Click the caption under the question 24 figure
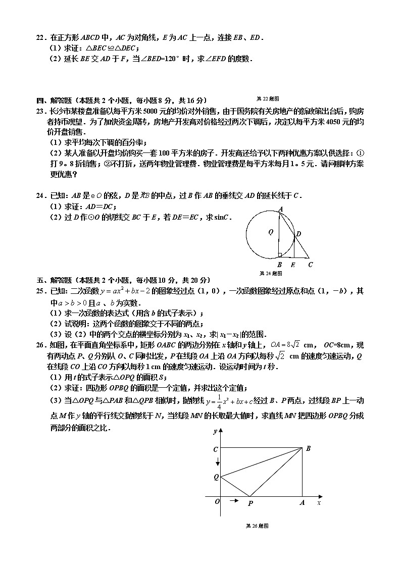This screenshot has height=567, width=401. click(x=270, y=273)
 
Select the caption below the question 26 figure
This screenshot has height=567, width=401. click(x=256, y=526)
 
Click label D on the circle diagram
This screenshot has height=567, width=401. click(x=298, y=234)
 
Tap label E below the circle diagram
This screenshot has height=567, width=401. click(x=293, y=265)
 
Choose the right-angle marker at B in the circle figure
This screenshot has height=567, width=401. click(x=279, y=255)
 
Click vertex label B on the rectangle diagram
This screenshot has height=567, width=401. click(x=308, y=448)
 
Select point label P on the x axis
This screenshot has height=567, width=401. click(x=249, y=503)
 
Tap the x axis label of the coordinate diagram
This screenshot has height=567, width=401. click(x=319, y=503)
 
